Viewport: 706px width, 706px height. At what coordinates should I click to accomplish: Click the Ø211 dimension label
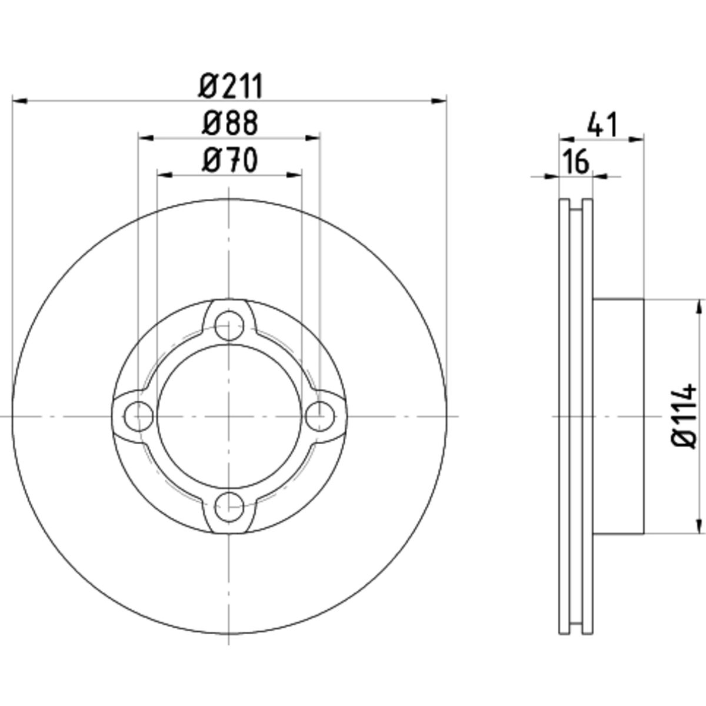(231, 86)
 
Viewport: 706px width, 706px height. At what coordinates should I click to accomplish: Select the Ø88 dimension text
(230, 123)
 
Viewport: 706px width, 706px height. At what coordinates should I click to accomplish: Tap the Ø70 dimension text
(230, 161)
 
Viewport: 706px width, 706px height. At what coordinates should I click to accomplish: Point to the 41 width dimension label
(602, 125)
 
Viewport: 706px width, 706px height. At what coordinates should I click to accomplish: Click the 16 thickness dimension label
(575, 162)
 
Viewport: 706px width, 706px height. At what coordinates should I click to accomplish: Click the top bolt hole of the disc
(229, 326)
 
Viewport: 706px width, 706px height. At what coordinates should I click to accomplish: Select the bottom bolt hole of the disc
(229, 507)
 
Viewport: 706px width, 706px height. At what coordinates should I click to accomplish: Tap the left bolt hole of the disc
(138, 417)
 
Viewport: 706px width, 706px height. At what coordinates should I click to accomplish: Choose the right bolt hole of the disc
(320, 417)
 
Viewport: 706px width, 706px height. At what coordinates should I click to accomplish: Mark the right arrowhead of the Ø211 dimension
(439, 101)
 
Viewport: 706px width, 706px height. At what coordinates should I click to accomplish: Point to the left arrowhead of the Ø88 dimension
(145, 138)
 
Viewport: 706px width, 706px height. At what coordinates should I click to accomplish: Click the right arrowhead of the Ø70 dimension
(294, 175)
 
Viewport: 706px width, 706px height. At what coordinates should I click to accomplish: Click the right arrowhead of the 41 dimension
(637, 139)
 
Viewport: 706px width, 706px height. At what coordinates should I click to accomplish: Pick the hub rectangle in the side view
(618, 417)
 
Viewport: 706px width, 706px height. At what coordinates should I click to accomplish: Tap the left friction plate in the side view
(564, 417)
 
